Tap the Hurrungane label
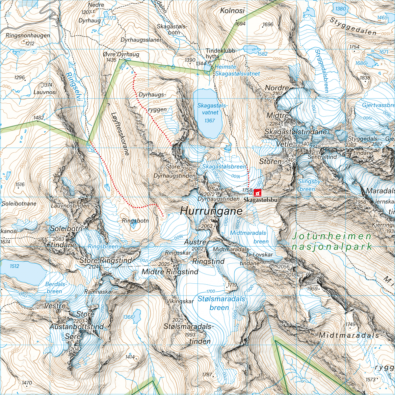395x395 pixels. pyautogui.click(x=211, y=211)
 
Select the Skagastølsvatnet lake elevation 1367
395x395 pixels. pyautogui.click(x=209, y=120)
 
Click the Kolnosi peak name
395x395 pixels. pyautogui.click(x=232, y=11)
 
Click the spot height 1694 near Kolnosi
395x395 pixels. pyautogui.click(x=240, y=24)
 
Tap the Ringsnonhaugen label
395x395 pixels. pyautogui.click(x=28, y=36)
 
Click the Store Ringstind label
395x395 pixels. pyautogui.click(x=106, y=260)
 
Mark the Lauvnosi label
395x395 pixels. pyautogui.click(x=45, y=92)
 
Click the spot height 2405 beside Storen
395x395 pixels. pyautogui.click(x=291, y=160)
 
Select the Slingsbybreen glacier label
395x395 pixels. pyautogui.click(x=309, y=185)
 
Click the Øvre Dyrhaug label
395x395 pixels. pyautogui.click(x=121, y=54)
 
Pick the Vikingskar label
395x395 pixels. pyautogui.click(x=180, y=301)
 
